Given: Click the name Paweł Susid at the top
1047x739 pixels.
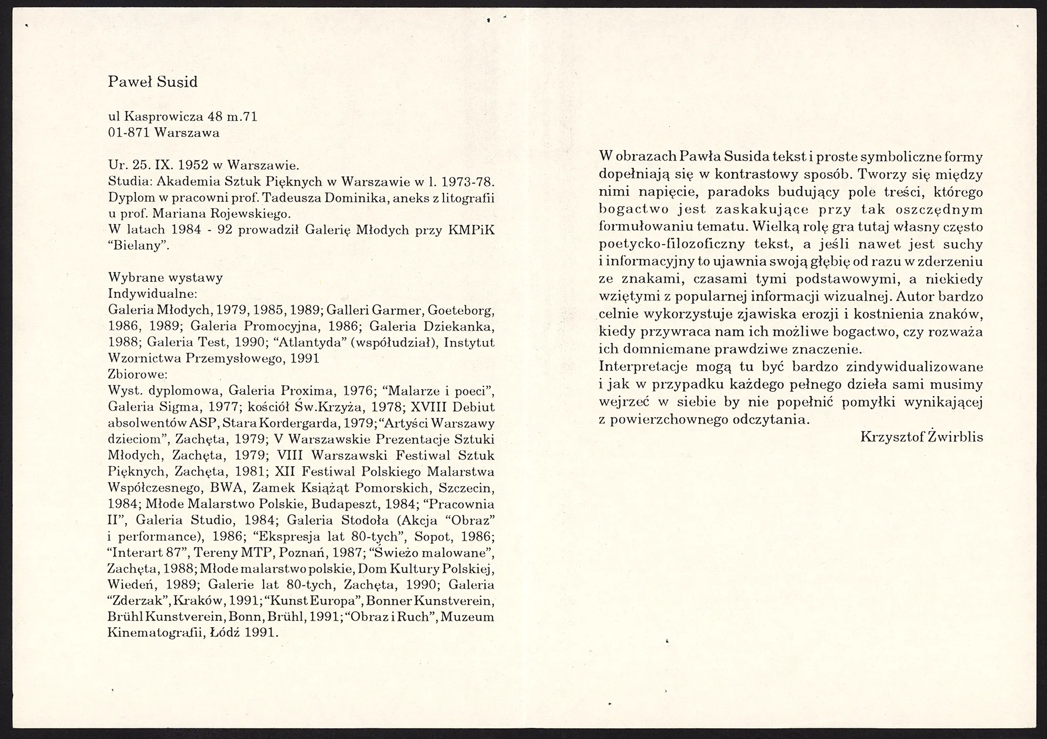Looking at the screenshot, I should tap(152, 82).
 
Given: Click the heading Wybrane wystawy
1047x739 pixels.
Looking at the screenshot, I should tap(165, 278).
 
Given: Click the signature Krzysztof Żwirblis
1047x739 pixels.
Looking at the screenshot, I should tap(922, 436).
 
